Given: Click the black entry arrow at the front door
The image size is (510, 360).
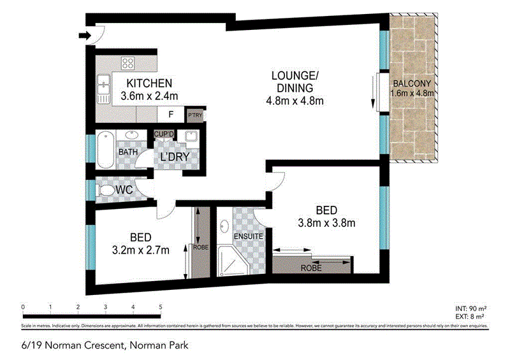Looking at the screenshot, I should pyautogui.click(x=84, y=36).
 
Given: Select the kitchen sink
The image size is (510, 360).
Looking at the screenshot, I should pyautogui.click(x=103, y=86).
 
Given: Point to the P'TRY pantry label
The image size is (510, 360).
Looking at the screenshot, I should pyautogui.click(x=194, y=115).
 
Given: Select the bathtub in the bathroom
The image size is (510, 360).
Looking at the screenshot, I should pyautogui.click(x=106, y=150).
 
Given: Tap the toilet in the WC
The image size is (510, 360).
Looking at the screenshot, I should pyautogui.click(x=105, y=190).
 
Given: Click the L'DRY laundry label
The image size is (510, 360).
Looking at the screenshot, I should pyautogui.click(x=176, y=156).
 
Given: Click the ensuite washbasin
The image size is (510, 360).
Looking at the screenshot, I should pyautogui.click(x=224, y=226).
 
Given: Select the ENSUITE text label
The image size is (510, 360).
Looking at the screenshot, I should pyautogui.click(x=247, y=236).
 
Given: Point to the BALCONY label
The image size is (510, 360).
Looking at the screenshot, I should pyautogui.click(x=412, y=83).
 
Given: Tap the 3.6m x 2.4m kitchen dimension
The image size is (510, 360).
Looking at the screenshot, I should pyautogui.click(x=149, y=96).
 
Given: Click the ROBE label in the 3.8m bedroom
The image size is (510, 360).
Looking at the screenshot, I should pyautogui.click(x=312, y=268).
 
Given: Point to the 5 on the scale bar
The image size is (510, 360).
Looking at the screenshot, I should pyautogui.click(x=161, y=307).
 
